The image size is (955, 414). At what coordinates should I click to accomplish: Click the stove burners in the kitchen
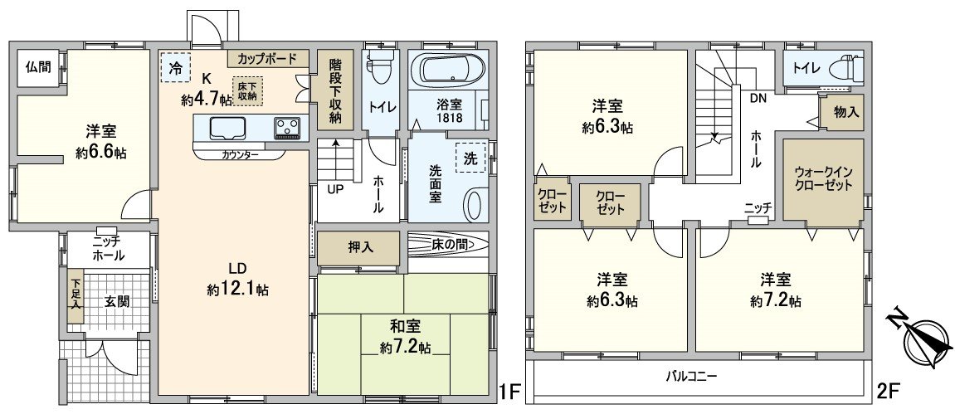point(288,127)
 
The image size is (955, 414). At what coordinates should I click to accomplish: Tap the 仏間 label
point(37,67)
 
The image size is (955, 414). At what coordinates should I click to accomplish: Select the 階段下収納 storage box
point(335,90)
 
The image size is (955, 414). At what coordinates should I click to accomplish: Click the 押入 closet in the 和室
point(359,246)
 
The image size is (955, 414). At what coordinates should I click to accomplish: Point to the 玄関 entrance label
point(117,302)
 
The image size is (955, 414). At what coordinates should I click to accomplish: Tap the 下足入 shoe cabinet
point(76,295)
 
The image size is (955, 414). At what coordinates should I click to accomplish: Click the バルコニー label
point(692,376)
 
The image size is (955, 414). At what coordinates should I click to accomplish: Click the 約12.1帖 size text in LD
point(238,290)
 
